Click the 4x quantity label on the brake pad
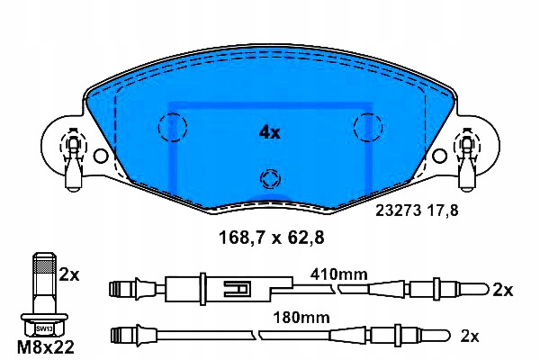[x=270, y=132]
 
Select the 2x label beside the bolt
[x=68, y=275]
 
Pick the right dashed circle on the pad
[x=368, y=126]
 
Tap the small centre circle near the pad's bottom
[x=268, y=176]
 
